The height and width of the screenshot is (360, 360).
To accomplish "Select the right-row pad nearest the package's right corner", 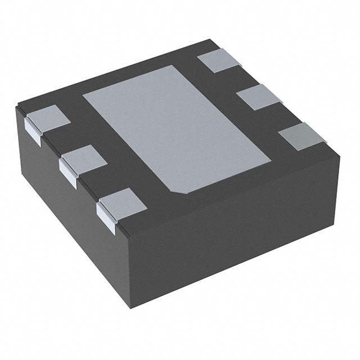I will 304,137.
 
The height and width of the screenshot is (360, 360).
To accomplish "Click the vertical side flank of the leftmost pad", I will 34,130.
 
